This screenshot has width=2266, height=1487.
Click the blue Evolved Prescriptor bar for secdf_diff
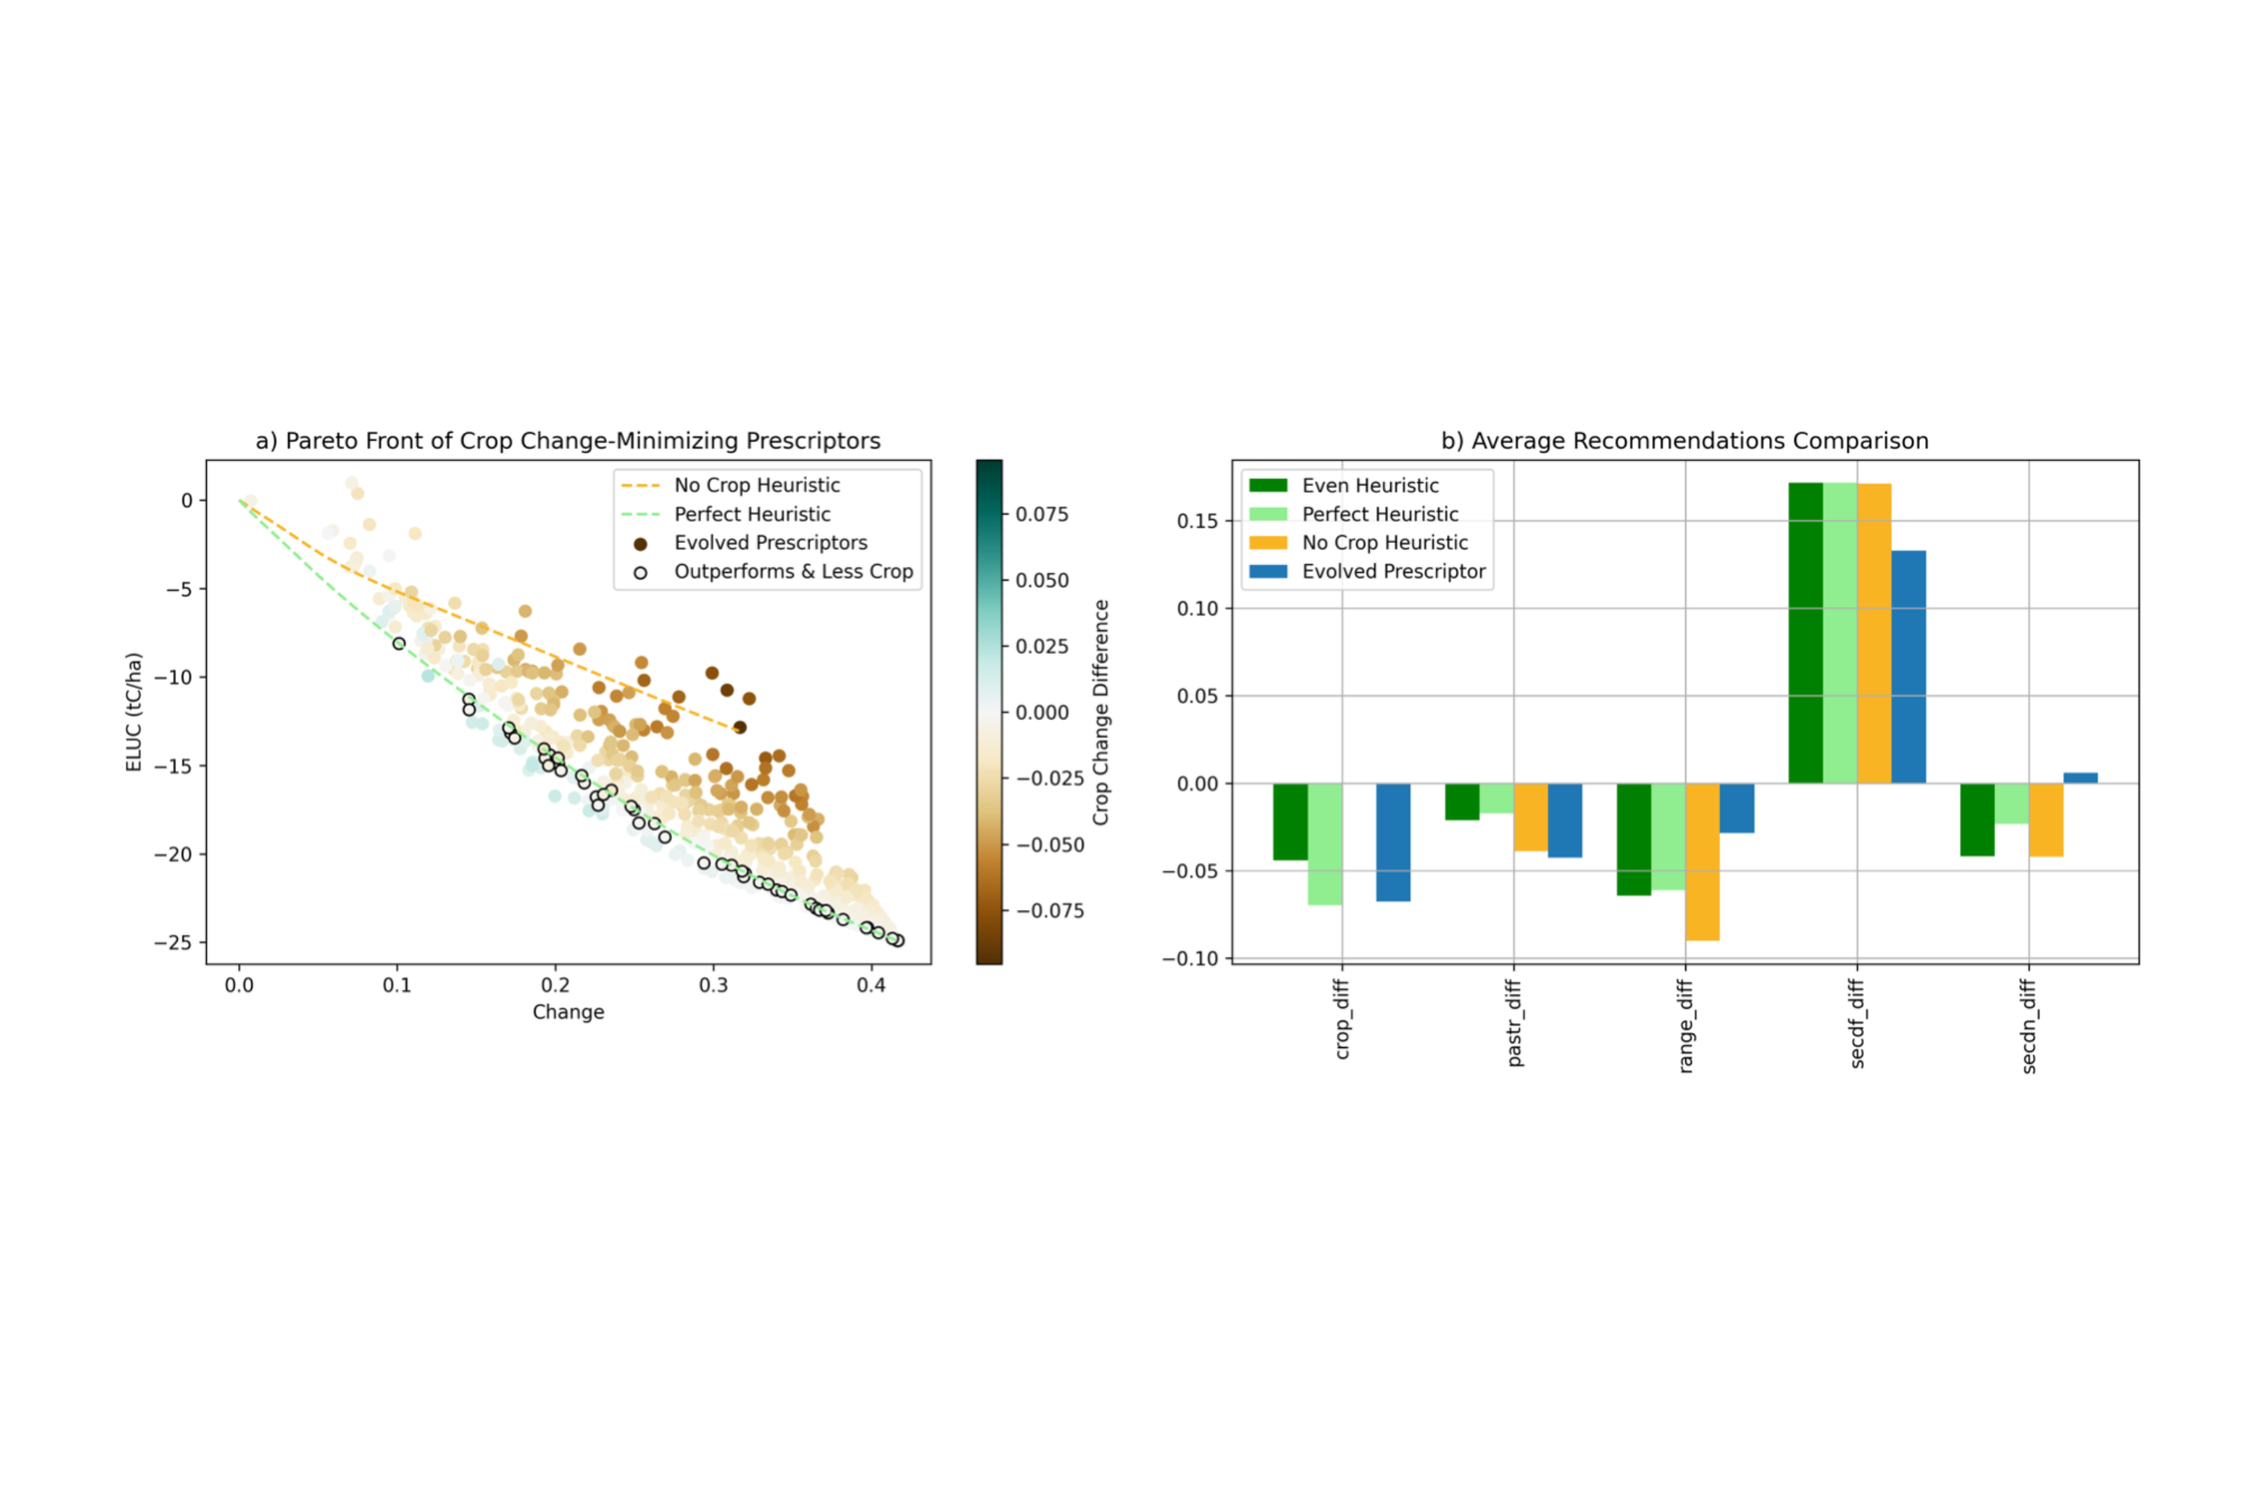1908,666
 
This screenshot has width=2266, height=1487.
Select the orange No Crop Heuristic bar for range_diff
1703,862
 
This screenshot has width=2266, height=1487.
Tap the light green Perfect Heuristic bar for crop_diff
1324,843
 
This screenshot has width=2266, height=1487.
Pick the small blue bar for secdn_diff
2080,778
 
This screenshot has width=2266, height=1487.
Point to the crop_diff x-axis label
1342,1020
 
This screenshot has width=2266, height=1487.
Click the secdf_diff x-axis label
1857,1024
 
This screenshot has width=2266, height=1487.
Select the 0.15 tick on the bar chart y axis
1198,521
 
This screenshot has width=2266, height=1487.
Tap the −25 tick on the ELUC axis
173,943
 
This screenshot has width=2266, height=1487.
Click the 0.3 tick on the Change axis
713,985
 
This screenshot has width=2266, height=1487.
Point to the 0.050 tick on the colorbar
1043,581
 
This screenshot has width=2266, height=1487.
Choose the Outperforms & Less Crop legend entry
793,571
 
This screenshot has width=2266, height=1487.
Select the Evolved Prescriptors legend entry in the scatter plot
770,543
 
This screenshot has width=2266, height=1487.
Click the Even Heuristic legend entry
1370,485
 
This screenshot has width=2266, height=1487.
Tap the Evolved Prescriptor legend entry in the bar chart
1393,571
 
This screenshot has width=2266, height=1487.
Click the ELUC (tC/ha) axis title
135,712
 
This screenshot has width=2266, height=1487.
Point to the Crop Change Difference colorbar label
1101,712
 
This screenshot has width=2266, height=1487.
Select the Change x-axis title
568,1012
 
